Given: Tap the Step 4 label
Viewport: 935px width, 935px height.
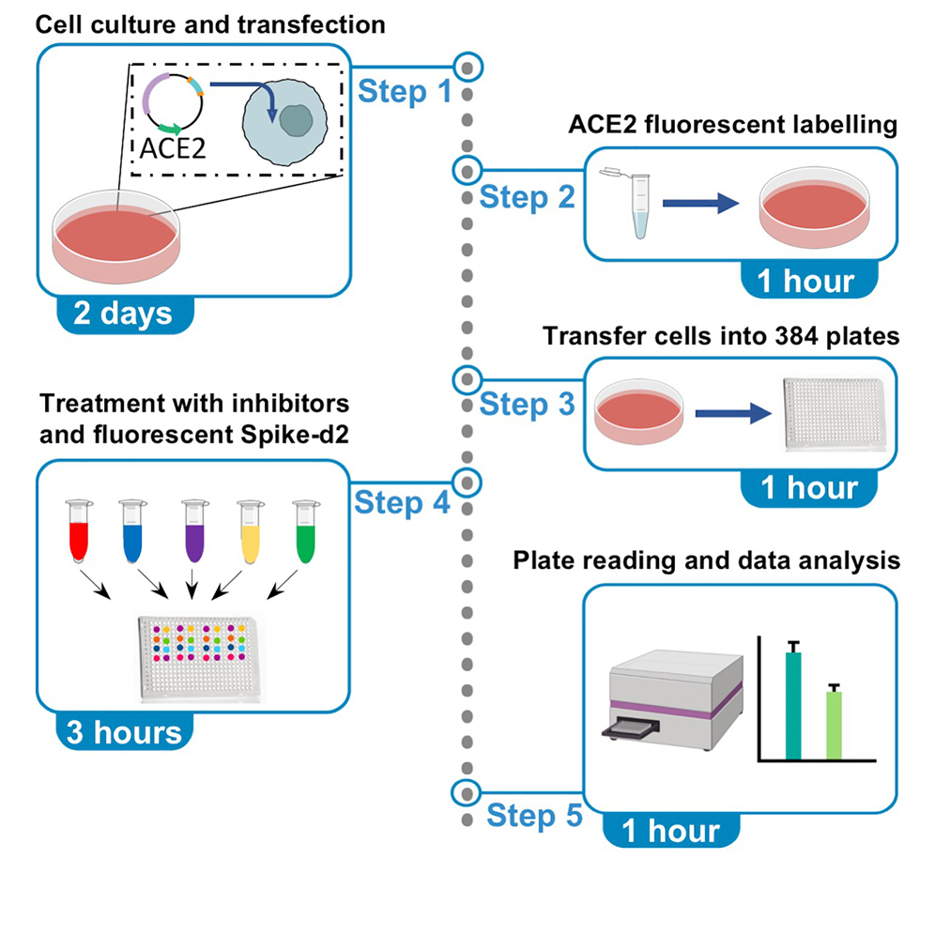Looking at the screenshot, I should click(x=402, y=503).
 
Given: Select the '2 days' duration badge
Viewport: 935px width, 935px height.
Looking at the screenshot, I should click(x=122, y=312).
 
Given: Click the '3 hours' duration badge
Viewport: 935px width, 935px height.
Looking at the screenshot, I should click(x=123, y=730).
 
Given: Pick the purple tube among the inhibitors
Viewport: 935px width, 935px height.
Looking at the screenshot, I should click(x=194, y=531).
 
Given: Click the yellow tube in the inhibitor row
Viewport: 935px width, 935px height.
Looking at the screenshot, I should click(x=250, y=531).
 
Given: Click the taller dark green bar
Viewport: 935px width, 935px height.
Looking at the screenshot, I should click(x=793, y=703).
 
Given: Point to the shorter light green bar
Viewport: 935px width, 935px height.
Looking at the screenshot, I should click(x=834, y=723).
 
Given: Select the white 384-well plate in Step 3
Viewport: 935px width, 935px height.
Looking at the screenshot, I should click(x=830, y=414).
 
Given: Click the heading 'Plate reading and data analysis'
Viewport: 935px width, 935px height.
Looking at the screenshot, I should click(x=707, y=560).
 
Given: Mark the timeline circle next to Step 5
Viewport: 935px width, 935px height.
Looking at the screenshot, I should click(x=465, y=792).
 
